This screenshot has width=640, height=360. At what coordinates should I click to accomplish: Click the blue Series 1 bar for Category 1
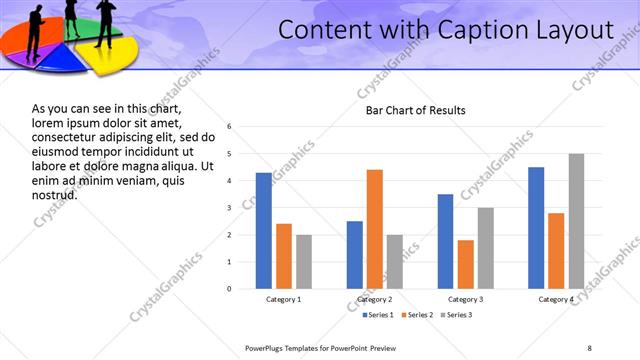point(263,230)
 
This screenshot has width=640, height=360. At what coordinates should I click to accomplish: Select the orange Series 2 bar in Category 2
point(375,229)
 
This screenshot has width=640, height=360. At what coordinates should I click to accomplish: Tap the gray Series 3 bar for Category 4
point(576,221)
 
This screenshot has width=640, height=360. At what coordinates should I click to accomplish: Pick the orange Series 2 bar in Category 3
point(465,264)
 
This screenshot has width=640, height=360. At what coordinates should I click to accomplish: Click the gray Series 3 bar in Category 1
point(303,261)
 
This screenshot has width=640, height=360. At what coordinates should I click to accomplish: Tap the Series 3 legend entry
point(455,316)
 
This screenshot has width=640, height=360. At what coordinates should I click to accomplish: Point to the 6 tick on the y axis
point(230,127)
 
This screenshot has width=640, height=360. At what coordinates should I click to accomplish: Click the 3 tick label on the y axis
point(230,208)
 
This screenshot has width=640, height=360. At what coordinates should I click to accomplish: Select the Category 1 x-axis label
point(283,300)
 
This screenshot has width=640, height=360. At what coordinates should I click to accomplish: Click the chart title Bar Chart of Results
point(415,110)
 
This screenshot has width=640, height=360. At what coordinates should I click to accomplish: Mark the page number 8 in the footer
point(589,347)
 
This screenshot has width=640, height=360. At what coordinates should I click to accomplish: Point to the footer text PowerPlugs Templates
point(285,347)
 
